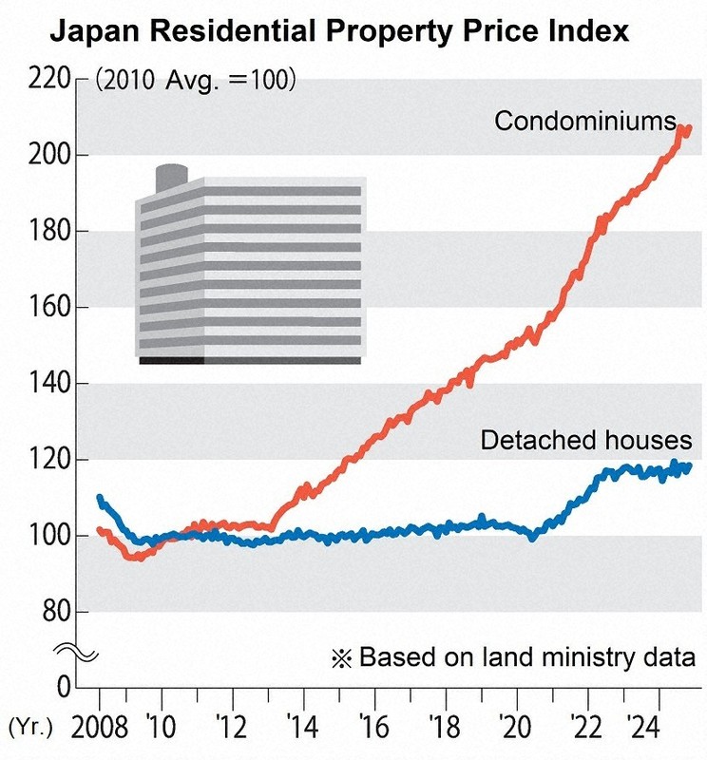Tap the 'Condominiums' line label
coord(584,121)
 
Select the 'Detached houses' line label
coord(585,440)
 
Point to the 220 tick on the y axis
coord(52,79)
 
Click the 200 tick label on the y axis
coord(52,155)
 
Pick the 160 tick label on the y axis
coord(52,308)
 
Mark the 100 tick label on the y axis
coord(52,537)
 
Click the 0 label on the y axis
coord(65,686)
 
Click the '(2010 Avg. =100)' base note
coord(196,80)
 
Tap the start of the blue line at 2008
coord(100,498)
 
